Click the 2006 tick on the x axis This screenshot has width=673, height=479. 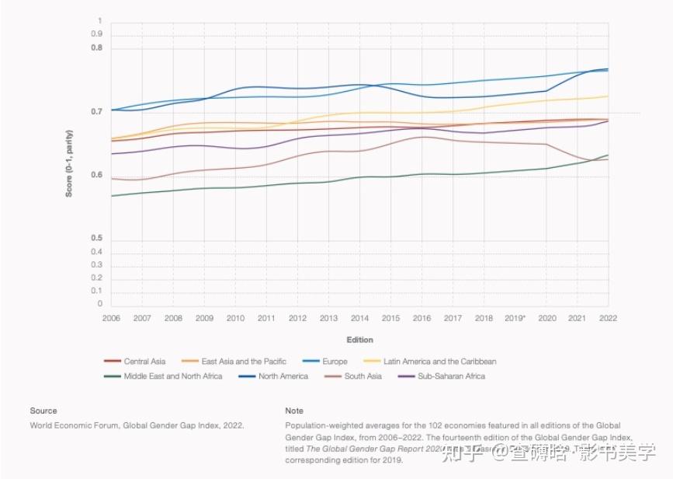[x=111, y=319]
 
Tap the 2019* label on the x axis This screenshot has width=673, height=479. [x=515, y=319]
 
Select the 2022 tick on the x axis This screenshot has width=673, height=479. [x=608, y=319]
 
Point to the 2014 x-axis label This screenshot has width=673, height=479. [x=359, y=319]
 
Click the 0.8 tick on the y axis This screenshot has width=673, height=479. [x=96, y=48]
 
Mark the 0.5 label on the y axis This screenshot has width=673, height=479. [x=96, y=238]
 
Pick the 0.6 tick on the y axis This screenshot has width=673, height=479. [x=96, y=175]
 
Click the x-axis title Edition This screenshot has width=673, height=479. [x=359, y=340]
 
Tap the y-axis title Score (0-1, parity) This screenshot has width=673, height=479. [x=69, y=163]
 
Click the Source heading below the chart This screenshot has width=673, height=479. [x=43, y=411]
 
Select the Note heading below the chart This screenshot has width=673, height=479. [x=294, y=411]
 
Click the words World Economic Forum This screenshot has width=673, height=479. [x=71, y=425]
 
